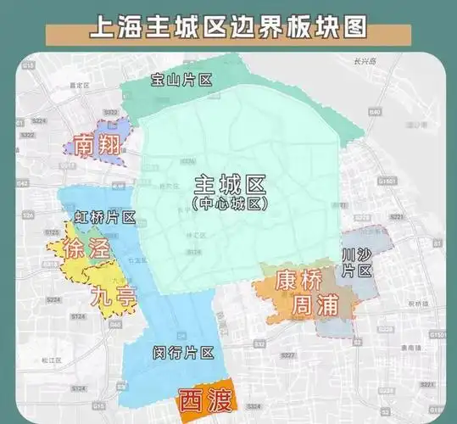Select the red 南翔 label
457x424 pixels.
click(x=96, y=144)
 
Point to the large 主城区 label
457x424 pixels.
click(x=230, y=186)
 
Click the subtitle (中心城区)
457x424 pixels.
click(x=230, y=204)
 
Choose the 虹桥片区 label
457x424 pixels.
click(x=105, y=217)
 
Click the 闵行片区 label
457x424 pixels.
click(x=184, y=351)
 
